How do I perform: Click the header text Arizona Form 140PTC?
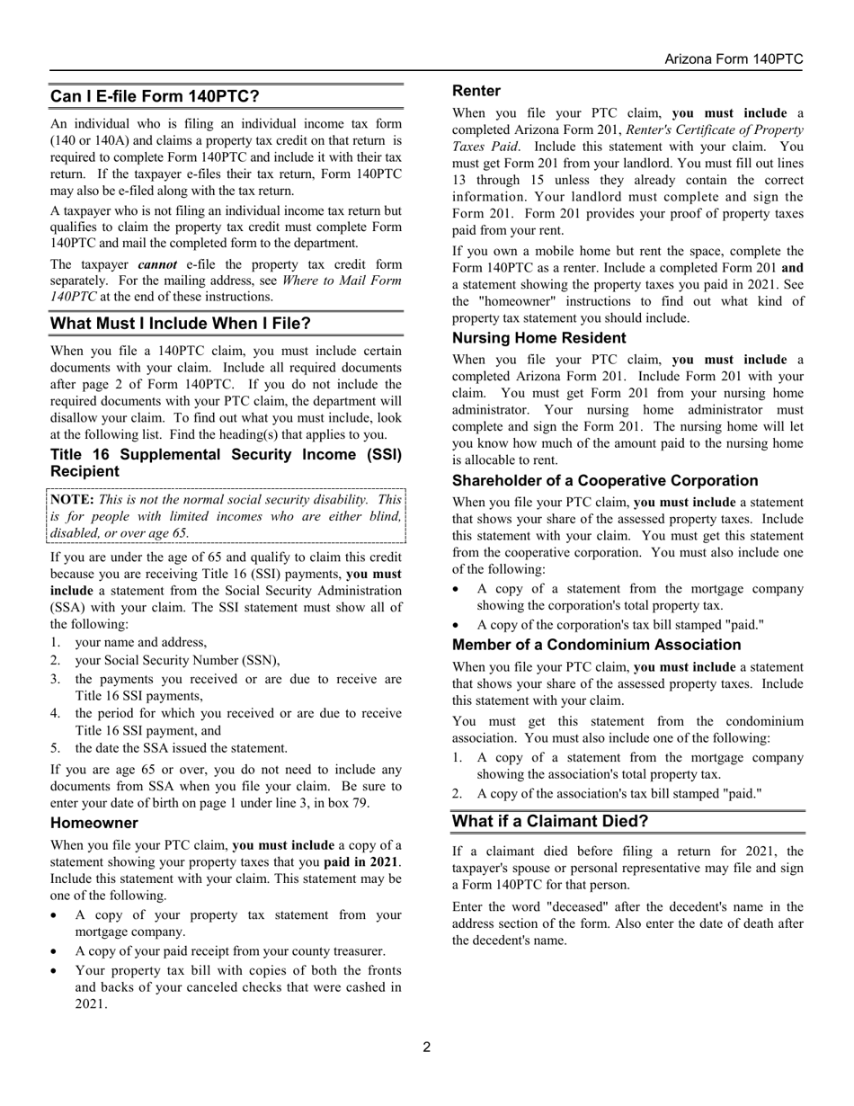[734, 59]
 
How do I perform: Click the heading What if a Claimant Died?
[549, 821]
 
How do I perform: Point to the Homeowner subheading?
[94, 823]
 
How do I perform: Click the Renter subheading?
[476, 91]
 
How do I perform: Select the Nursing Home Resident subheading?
[539, 338]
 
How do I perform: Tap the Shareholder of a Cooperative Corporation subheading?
[605, 481]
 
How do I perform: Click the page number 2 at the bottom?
[427, 1047]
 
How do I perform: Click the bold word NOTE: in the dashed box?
[73, 499]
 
